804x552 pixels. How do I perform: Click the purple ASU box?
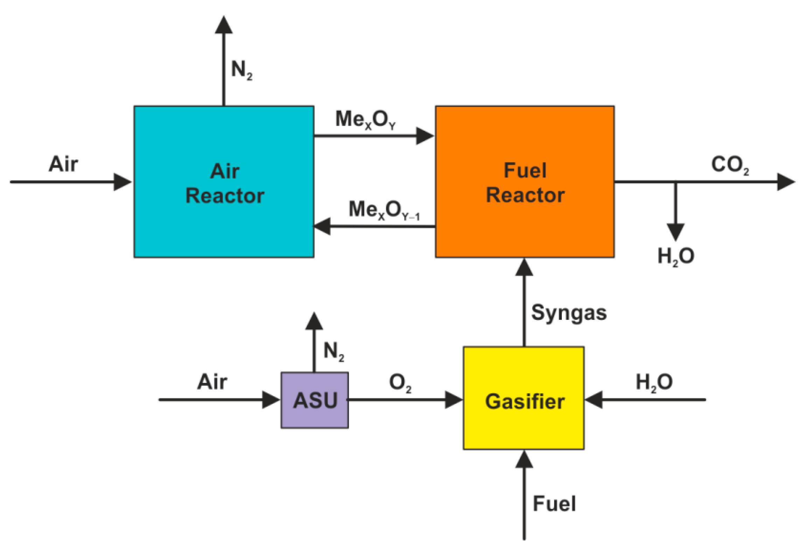pyautogui.click(x=314, y=400)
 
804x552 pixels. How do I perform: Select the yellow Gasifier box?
pyautogui.click(x=523, y=398)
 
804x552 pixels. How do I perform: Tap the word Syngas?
pyautogui.click(x=568, y=313)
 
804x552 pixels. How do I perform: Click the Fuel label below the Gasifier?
pyautogui.click(x=554, y=503)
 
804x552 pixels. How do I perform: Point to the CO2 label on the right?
pyautogui.click(x=729, y=164)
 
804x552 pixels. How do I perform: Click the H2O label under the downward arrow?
pyautogui.click(x=676, y=256)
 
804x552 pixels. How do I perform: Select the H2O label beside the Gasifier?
pyautogui.click(x=653, y=382)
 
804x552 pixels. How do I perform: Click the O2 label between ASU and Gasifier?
pyautogui.click(x=400, y=382)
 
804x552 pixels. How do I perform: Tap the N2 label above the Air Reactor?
pyautogui.click(x=241, y=69)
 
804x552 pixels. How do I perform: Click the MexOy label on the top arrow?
pyautogui.click(x=365, y=119)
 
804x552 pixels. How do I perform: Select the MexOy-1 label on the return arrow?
pyautogui.click(x=384, y=210)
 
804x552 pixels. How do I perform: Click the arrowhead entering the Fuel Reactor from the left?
pyautogui.click(x=424, y=136)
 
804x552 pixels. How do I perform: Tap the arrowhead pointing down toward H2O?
pyautogui.click(x=675, y=232)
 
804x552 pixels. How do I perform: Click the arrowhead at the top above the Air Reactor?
pyautogui.click(x=223, y=25)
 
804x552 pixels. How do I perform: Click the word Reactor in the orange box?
pyautogui.click(x=525, y=195)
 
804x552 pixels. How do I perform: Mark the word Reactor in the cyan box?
pyautogui.click(x=225, y=195)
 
